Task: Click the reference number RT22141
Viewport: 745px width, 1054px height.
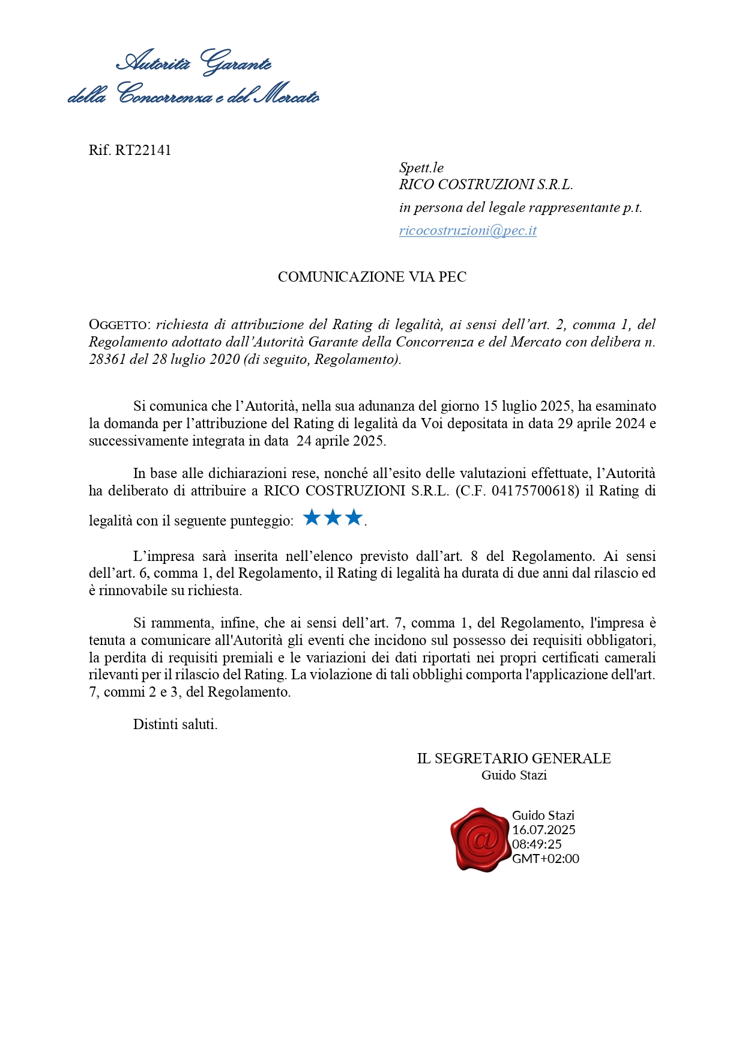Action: (x=143, y=150)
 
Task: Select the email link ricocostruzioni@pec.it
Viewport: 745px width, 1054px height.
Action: (x=468, y=231)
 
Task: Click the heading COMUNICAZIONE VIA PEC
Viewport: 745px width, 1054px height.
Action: (x=372, y=277)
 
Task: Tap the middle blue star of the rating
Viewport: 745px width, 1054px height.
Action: (x=333, y=517)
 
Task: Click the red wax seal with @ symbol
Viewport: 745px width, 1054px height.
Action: (x=480, y=839)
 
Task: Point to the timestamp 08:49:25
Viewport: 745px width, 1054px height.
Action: (x=537, y=844)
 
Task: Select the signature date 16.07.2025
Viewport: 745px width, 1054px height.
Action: (x=543, y=830)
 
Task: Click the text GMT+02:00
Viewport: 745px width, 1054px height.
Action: (x=545, y=859)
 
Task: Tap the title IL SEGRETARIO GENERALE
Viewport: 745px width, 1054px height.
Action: (x=514, y=759)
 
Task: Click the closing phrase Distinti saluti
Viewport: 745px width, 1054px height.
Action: (x=175, y=724)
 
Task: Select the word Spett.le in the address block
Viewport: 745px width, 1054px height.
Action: (x=421, y=168)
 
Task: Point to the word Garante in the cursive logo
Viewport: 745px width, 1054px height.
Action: (x=236, y=62)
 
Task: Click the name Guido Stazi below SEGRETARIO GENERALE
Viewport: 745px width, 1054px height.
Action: (x=514, y=775)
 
